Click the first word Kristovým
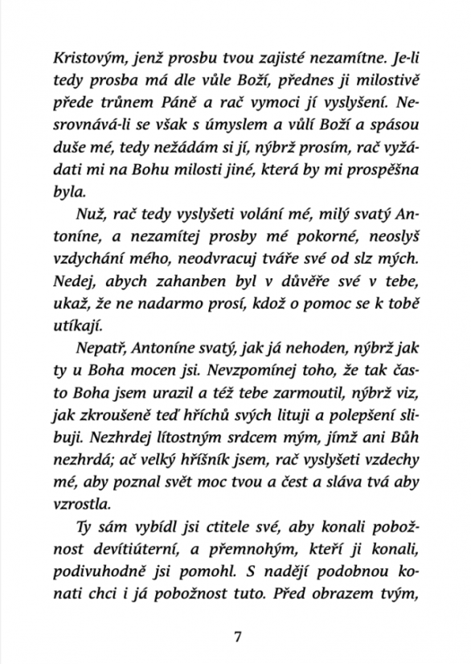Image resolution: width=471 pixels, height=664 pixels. point(82,59)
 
